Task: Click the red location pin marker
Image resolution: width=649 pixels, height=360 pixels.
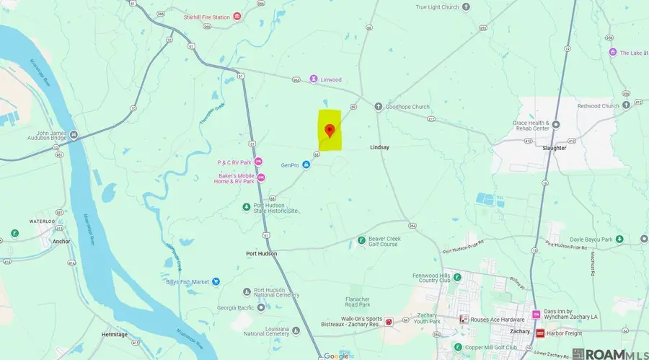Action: [x=330, y=130]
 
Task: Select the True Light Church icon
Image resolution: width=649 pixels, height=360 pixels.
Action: [x=466, y=7]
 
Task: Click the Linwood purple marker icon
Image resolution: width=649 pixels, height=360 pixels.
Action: [x=314, y=79]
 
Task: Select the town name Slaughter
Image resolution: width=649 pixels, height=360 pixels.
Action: [x=555, y=147]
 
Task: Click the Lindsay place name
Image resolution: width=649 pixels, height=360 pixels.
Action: [x=379, y=147]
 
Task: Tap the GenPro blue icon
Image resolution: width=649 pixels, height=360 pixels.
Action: [x=306, y=165]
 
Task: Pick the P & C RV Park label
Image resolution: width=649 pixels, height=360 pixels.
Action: [x=230, y=162]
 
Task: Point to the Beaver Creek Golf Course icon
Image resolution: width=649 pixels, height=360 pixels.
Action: [x=362, y=240]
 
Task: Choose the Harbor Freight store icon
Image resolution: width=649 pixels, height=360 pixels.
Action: [x=540, y=333]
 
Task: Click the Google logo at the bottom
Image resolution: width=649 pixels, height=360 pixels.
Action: [x=336, y=356]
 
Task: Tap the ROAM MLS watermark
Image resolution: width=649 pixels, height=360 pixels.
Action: [x=610, y=354]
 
